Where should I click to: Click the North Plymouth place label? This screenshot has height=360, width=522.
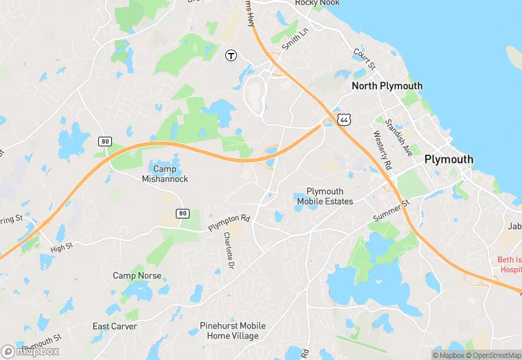click(x=387, y=86)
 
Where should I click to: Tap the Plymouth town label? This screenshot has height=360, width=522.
click(x=449, y=159)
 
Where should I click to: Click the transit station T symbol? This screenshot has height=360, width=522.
click(x=231, y=55)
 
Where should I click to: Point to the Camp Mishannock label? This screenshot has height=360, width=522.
click(x=165, y=174)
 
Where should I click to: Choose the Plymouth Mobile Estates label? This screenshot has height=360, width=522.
click(x=325, y=196)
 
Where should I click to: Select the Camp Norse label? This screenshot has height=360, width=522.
click(x=137, y=275)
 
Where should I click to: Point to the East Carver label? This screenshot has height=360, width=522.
click(x=115, y=326)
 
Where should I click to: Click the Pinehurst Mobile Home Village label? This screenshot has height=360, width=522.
click(x=233, y=330)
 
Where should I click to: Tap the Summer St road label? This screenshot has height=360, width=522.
click(x=391, y=211)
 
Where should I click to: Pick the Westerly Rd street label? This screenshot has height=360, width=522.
click(x=382, y=151)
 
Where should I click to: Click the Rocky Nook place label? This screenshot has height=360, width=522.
click(x=317, y=3)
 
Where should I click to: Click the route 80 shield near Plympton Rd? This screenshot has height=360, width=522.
click(x=182, y=213)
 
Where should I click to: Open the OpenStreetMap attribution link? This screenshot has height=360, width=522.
click(x=493, y=355)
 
